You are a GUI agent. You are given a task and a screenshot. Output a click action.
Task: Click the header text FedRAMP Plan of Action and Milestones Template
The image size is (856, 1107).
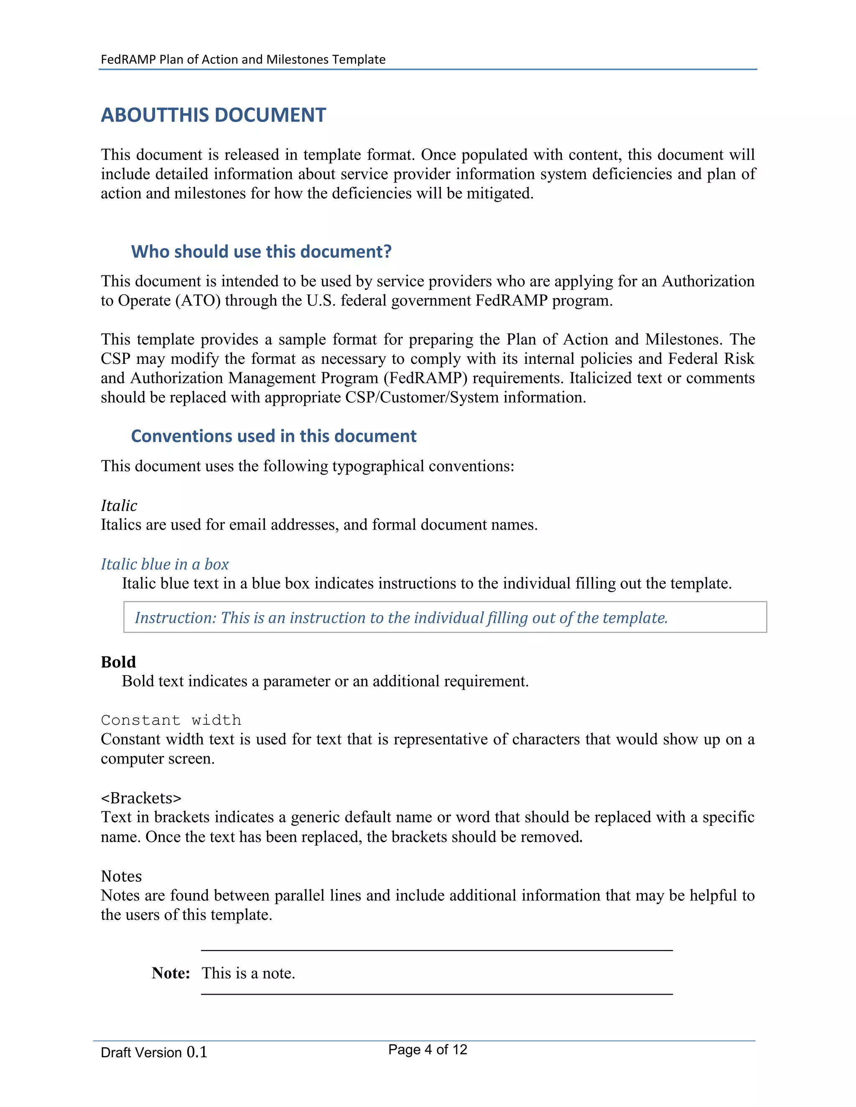[243, 59]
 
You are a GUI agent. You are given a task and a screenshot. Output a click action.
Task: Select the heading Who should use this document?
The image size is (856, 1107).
[261, 251]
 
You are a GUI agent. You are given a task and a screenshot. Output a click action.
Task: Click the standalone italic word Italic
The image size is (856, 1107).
[119, 505]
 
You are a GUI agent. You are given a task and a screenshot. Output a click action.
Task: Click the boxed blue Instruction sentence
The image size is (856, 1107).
[400, 617]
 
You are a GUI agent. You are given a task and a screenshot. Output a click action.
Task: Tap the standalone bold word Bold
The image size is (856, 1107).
[118, 662]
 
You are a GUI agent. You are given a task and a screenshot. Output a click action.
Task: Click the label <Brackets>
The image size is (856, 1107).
[141, 798]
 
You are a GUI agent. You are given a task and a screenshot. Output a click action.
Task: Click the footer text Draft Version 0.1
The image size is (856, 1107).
[154, 1052]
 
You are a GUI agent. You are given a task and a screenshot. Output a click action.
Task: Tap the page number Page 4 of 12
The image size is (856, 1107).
[427, 1049]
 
